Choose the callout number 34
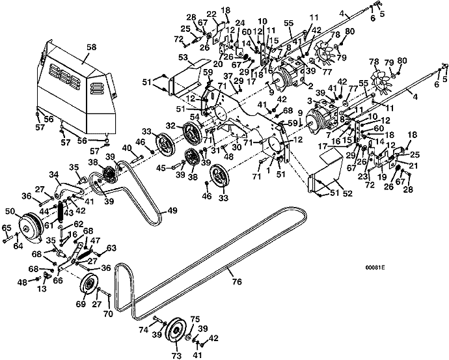(53, 174)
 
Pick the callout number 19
(382, 176)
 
